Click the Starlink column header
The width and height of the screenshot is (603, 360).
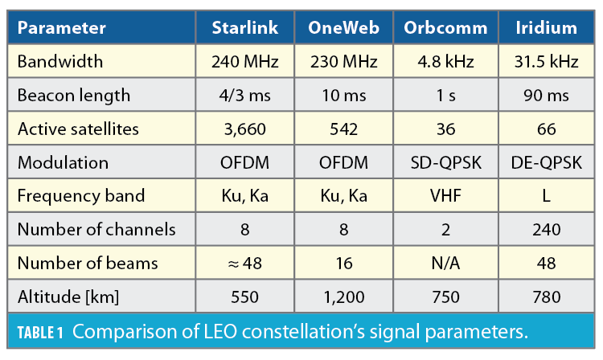245,28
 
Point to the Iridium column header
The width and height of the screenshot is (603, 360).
547,28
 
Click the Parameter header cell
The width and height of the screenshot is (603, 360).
62,28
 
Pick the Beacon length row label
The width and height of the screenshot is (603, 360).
74,96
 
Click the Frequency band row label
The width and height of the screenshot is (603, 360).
81,196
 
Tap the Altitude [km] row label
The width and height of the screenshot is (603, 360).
68,297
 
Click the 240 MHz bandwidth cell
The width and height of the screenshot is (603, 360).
245,62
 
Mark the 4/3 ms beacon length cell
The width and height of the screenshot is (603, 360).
245,96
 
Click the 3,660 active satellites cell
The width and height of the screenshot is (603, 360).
245,129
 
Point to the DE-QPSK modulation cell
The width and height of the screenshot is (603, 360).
547,162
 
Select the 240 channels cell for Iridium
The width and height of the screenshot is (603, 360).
547,230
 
